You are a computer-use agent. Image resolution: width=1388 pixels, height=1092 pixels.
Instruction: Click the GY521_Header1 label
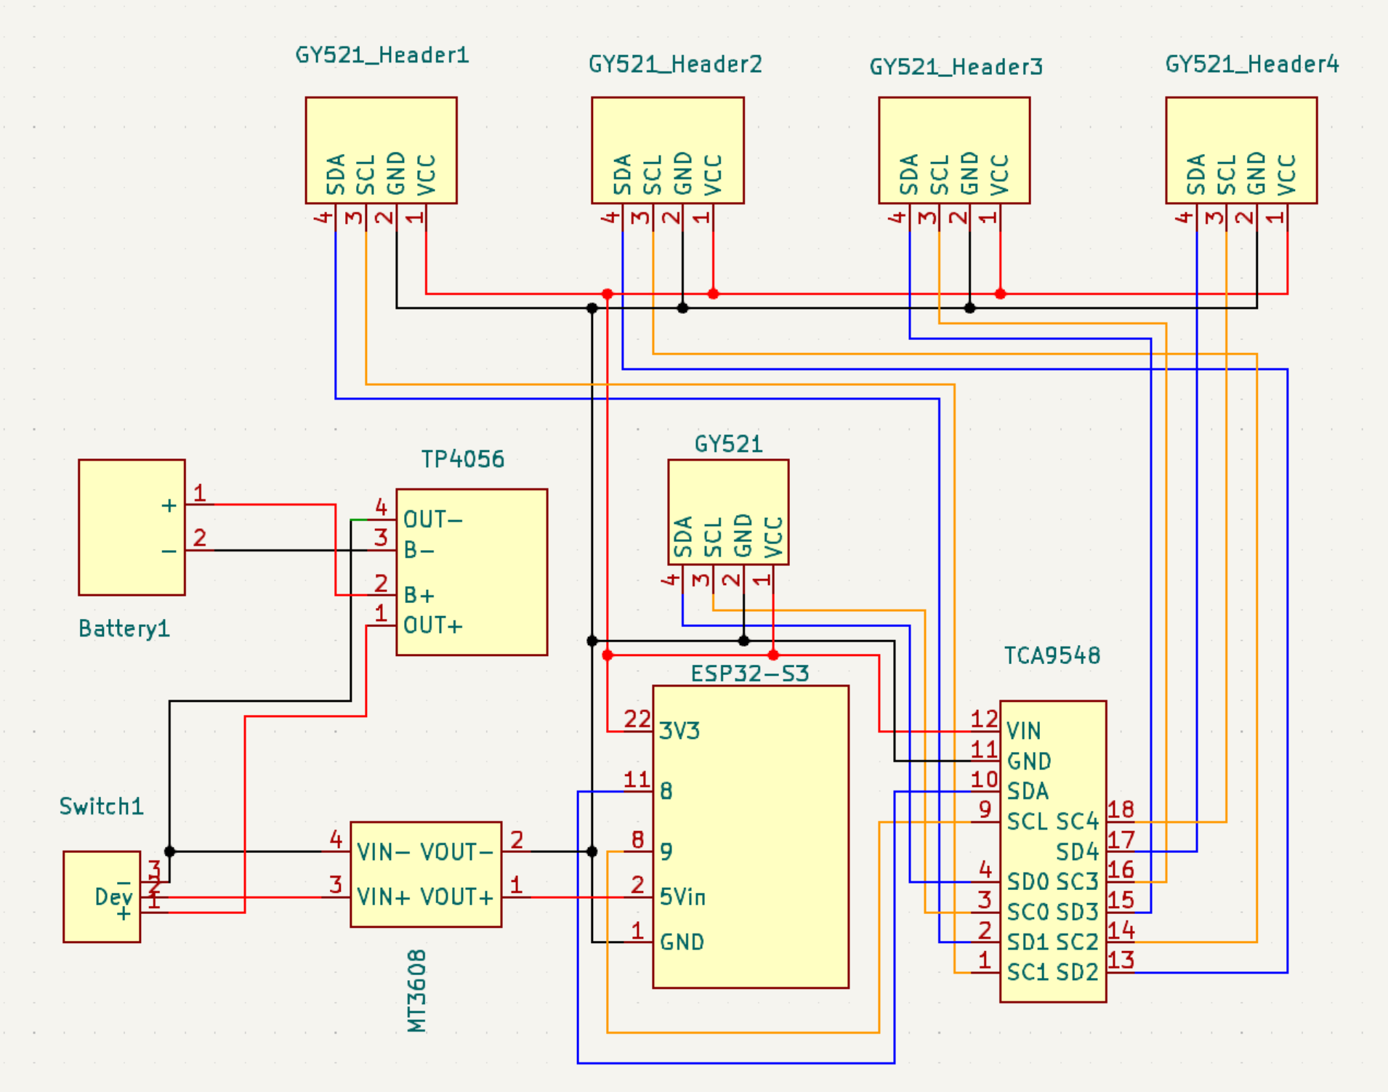pyautogui.click(x=382, y=55)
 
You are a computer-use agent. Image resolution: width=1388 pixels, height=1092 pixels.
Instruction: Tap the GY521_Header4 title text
pyautogui.click(x=1251, y=65)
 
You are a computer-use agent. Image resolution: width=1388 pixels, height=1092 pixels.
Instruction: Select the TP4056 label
pyautogui.click(x=462, y=459)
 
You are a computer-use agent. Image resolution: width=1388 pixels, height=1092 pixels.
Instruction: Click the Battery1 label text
pyautogui.click(x=124, y=628)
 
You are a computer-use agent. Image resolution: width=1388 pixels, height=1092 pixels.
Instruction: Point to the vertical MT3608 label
pyautogui.click(x=416, y=991)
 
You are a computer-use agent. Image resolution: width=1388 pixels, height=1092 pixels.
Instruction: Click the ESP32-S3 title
pyautogui.click(x=749, y=674)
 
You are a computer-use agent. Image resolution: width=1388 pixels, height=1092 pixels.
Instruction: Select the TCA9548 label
pyautogui.click(x=1052, y=655)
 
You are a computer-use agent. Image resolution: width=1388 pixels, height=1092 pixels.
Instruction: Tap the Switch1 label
pyautogui.click(x=101, y=806)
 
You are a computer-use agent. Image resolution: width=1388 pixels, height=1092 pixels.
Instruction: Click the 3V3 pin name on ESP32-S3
pyautogui.click(x=679, y=731)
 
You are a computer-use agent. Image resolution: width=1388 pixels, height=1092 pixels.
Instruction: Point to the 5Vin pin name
pyautogui.click(x=682, y=897)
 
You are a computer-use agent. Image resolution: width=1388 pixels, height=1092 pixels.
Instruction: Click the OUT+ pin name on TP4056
pyautogui.click(x=432, y=626)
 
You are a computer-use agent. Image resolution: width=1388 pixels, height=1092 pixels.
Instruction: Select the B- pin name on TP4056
pyautogui.click(x=419, y=551)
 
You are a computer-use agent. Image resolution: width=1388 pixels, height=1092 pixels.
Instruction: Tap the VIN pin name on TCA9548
pyautogui.click(x=1023, y=731)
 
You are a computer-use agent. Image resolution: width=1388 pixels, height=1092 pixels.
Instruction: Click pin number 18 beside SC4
pyautogui.click(x=1121, y=809)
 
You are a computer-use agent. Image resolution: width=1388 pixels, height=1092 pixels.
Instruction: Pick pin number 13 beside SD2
pyautogui.click(x=1121, y=960)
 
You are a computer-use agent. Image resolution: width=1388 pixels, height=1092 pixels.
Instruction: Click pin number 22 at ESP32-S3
pyautogui.click(x=637, y=719)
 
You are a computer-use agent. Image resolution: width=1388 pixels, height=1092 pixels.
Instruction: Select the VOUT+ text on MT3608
pyautogui.click(x=457, y=897)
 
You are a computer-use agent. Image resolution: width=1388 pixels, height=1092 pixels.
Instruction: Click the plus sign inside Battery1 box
pyautogui.click(x=169, y=506)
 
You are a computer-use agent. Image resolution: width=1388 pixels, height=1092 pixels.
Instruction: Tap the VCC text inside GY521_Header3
pyautogui.click(x=1000, y=174)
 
